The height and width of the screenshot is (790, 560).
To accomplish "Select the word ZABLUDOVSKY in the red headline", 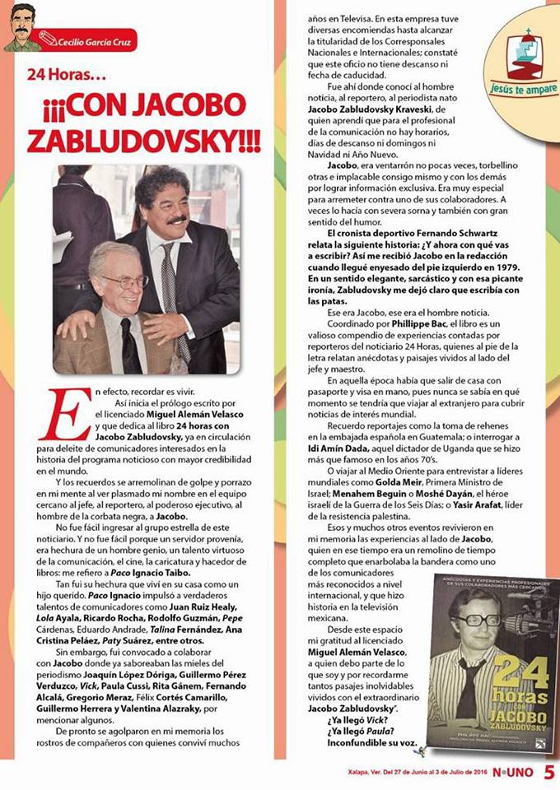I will (x=144, y=139).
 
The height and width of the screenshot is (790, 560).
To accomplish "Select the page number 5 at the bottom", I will (x=549, y=771).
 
